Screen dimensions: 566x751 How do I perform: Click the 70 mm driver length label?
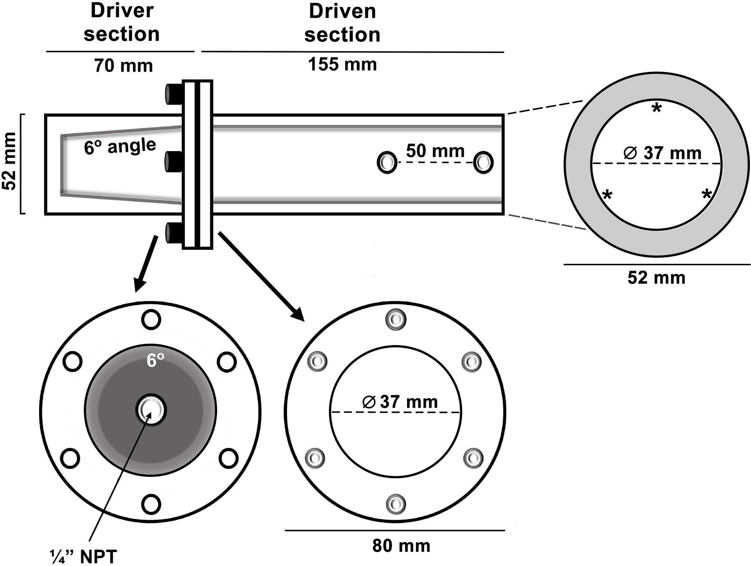point(123,66)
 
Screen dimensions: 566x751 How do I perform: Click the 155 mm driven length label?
point(342,64)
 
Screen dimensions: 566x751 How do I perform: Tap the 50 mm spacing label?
point(435,151)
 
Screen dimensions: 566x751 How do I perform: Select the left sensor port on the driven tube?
point(387,163)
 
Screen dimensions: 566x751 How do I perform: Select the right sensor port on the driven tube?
point(483,163)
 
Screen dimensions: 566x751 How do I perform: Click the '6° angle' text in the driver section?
point(120,146)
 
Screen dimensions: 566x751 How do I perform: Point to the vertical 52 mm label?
point(9,161)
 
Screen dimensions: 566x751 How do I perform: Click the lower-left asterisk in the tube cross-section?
point(607,195)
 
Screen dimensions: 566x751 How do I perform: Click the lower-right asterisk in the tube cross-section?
point(707,195)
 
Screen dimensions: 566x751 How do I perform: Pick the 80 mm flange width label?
point(401,546)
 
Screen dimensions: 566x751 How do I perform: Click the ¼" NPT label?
point(83,556)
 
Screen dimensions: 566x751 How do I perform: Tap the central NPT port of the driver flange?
point(151,410)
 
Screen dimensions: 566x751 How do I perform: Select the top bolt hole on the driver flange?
point(151,320)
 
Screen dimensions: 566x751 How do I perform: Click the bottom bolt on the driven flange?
point(396,504)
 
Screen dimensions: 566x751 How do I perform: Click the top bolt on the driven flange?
point(396,319)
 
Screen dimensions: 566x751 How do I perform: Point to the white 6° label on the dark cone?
point(155,360)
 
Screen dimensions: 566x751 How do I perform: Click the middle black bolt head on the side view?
point(173,162)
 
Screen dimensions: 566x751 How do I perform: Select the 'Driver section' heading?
point(122,23)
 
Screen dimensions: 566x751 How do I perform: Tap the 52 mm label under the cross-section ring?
point(656,278)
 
